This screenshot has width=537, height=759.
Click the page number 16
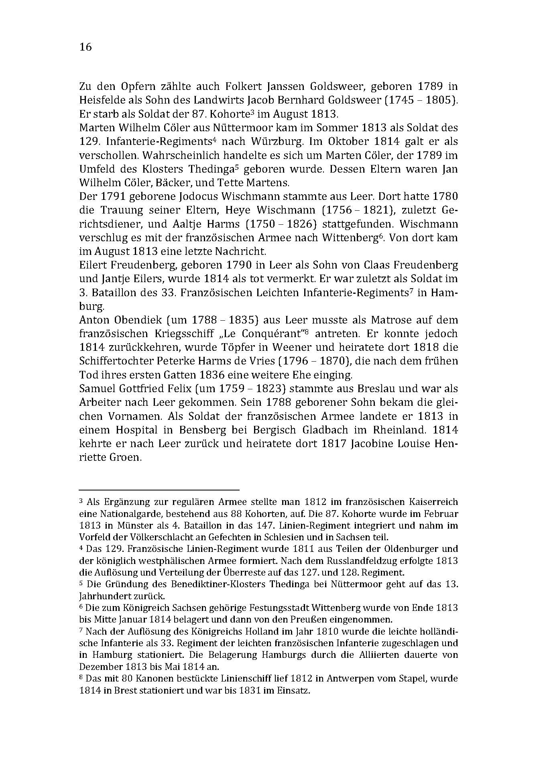coord(85,47)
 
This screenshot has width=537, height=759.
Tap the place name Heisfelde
coord(102,100)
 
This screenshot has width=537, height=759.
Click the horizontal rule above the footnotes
coord(159,490)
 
